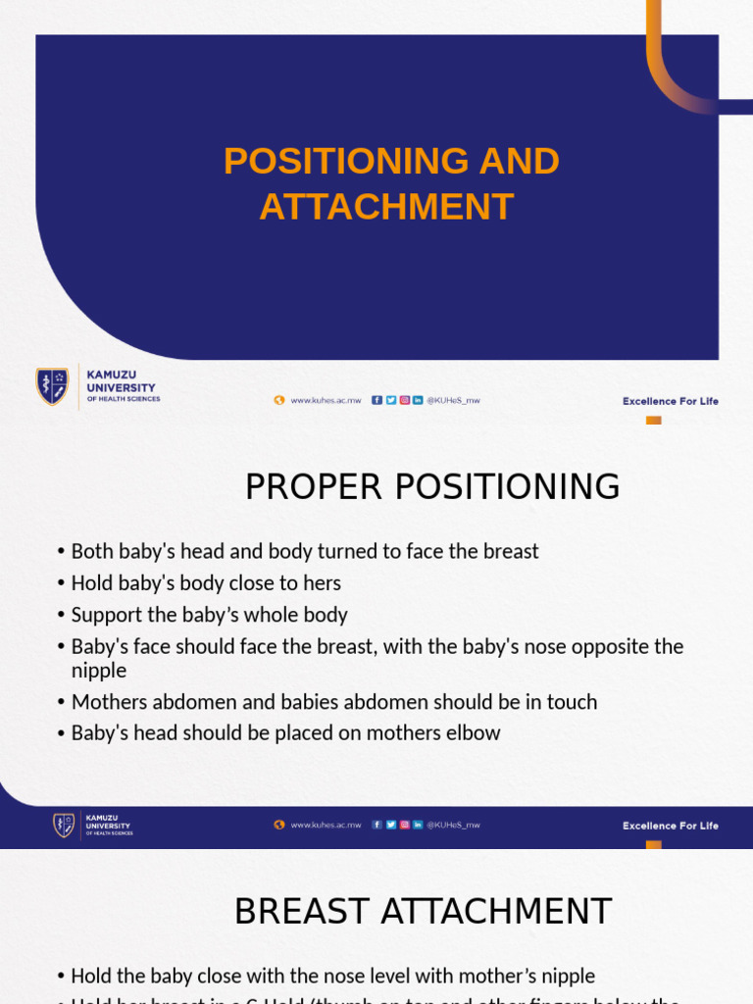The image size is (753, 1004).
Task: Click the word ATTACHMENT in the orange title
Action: [386, 207]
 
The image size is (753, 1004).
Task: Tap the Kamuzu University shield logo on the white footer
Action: [53, 386]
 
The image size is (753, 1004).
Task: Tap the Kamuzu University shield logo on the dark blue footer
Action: [64, 826]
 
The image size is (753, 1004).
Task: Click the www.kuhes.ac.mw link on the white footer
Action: [326, 400]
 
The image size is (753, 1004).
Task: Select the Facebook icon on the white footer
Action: [376, 400]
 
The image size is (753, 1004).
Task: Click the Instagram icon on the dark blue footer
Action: [404, 826]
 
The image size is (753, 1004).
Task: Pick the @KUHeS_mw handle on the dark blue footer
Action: [453, 826]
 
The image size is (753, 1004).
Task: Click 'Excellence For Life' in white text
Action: [670, 826]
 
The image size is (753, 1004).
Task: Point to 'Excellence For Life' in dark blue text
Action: [670, 401]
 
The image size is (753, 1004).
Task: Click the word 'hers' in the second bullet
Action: [323, 583]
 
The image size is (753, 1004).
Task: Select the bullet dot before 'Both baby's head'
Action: [61, 552]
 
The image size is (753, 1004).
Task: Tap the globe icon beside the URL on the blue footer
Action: [279, 826]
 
